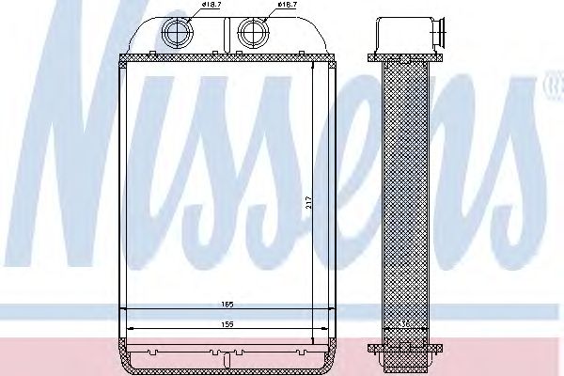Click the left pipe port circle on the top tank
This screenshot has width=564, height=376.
tap(176, 35)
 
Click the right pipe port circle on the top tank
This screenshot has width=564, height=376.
tap(251, 35)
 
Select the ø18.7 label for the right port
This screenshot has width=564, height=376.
tap(287, 8)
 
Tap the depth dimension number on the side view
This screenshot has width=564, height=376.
tap(403, 322)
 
